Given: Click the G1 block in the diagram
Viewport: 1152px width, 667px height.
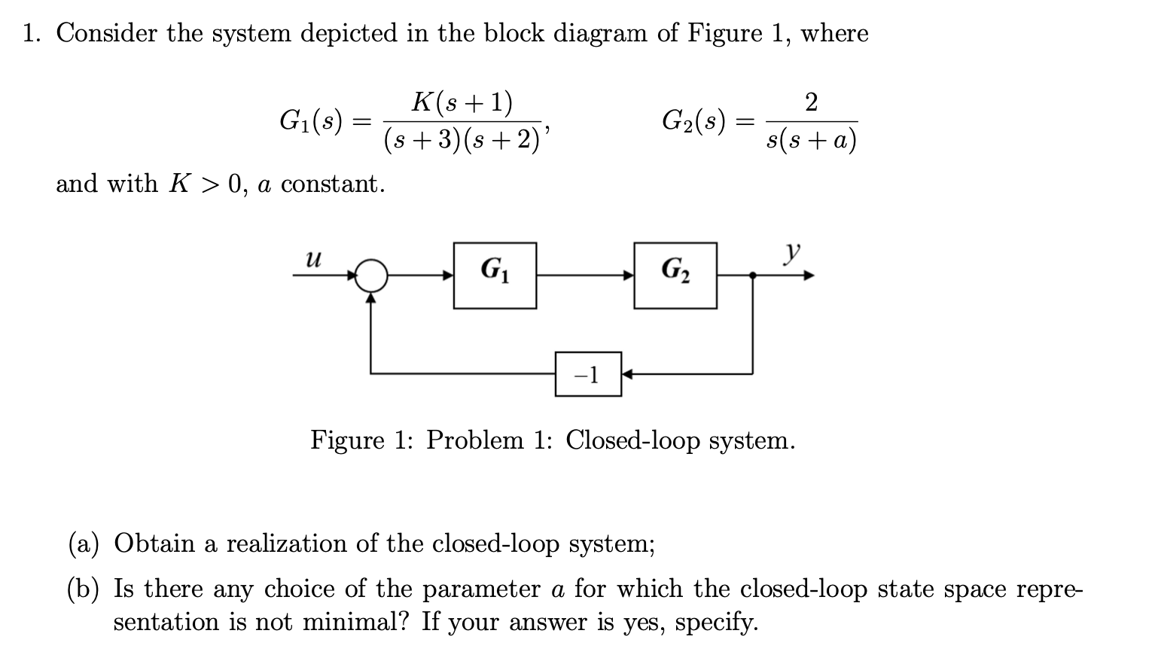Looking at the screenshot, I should click(x=495, y=276).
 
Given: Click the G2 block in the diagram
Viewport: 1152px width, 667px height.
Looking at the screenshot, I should click(x=675, y=276).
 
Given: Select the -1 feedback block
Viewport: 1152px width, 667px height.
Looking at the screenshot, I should click(x=588, y=373).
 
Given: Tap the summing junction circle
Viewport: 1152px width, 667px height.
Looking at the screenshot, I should click(x=370, y=276).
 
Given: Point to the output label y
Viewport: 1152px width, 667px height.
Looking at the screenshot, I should click(x=791, y=254).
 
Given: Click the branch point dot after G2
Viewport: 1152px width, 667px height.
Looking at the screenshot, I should click(x=753, y=276).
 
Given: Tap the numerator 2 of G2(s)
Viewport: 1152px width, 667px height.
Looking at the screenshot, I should click(x=811, y=102).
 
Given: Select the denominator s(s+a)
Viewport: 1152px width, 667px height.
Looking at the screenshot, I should click(x=811, y=140).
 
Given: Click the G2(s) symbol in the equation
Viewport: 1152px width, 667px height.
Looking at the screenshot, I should click(x=693, y=120).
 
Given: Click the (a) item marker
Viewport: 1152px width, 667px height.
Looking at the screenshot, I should click(x=83, y=544).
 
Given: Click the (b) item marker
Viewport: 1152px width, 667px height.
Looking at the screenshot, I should click(x=83, y=589).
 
